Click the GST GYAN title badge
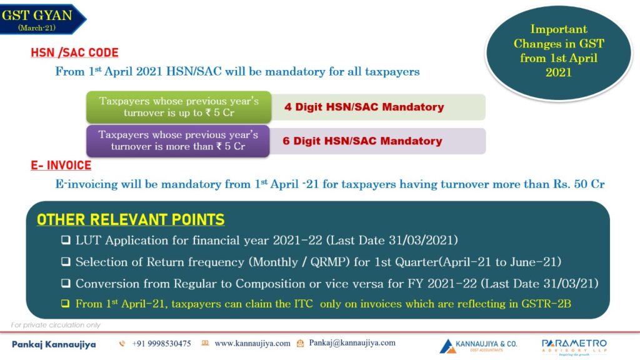(41, 19)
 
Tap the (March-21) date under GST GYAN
(37, 27)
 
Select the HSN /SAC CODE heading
(75, 52)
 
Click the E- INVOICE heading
(61, 165)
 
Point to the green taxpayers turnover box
(179, 107)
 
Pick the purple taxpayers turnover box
(178, 141)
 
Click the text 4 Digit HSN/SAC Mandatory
(364, 107)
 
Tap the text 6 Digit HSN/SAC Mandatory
(362, 141)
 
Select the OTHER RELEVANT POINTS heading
(131, 219)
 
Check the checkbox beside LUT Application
(66, 240)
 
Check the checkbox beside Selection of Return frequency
(66, 262)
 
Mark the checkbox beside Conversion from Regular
(66, 283)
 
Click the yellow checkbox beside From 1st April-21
(65, 304)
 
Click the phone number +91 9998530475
(162, 344)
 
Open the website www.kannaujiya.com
(252, 343)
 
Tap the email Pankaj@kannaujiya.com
(352, 343)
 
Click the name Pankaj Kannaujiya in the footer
(54, 344)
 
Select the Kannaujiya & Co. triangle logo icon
(447, 346)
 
